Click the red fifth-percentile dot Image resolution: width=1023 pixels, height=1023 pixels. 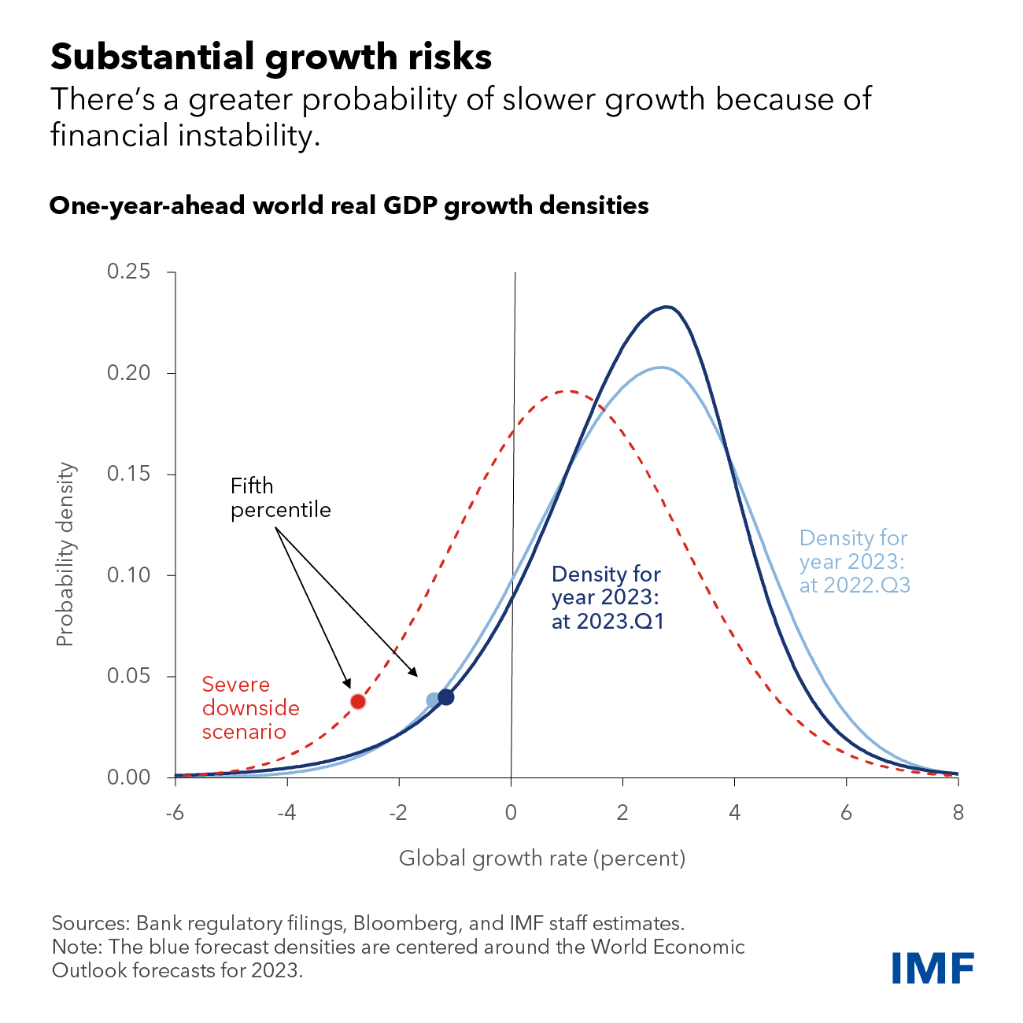pyautogui.click(x=358, y=701)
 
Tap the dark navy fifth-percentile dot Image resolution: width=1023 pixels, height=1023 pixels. pyautogui.click(x=446, y=696)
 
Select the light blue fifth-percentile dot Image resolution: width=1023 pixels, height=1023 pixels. pyautogui.click(x=433, y=700)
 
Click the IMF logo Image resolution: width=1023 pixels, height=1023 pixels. pyautogui.click(x=933, y=967)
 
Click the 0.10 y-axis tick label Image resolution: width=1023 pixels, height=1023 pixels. pyautogui.click(x=128, y=575)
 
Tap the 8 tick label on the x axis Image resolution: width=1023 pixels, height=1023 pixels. pyautogui.click(x=958, y=813)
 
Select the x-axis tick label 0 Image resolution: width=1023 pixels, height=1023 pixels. pyautogui.click(x=511, y=813)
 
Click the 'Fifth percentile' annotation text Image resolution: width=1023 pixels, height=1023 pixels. pyautogui.click(x=280, y=498)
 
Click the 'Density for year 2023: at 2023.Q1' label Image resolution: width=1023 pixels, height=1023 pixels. pyautogui.click(x=608, y=598)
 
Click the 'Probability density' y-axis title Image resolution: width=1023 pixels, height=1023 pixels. pyautogui.click(x=65, y=555)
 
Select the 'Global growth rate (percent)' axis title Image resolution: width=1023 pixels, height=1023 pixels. pyautogui.click(x=542, y=858)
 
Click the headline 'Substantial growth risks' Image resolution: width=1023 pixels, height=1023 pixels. pyautogui.click(x=271, y=57)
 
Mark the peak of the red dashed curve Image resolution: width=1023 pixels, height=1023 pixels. pyautogui.click(x=567, y=391)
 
